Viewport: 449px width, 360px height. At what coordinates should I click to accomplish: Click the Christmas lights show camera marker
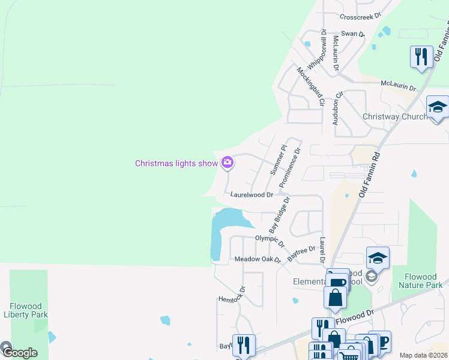(x=228, y=163)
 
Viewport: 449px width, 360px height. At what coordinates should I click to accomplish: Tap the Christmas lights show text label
(x=176, y=163)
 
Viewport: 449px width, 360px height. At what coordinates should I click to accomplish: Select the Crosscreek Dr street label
(x=360, y=17)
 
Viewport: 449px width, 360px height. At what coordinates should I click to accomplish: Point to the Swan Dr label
(x=352, y=34)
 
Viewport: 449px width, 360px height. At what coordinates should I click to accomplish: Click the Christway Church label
(x=394, y=116)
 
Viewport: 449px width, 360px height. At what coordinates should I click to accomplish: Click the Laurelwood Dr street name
(x=252, y=195)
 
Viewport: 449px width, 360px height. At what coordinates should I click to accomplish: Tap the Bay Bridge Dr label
(x=280, y=214)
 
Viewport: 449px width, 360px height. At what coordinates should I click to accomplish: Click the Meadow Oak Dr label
(x=258, y=259)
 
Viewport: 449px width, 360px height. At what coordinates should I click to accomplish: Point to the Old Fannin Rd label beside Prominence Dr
(x=370, y=175)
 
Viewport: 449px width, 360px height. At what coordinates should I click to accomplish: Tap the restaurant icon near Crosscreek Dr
(x=420, y=57)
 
